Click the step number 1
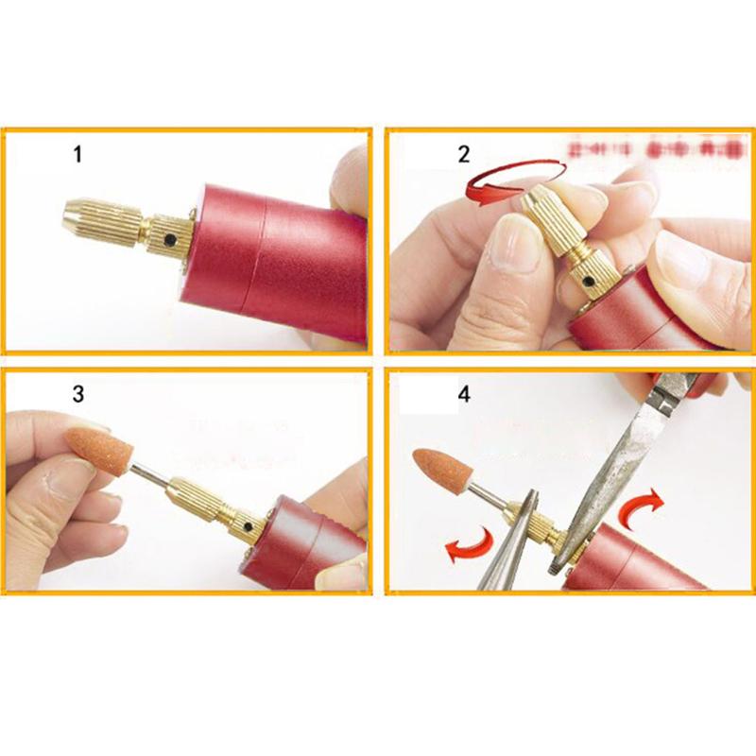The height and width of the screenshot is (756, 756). (77, 155)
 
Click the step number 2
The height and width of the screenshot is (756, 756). (463, 154)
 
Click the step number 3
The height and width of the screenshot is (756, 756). (77, 394)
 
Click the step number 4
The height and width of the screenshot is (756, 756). (463, 394)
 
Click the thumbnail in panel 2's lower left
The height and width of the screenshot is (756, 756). (511, 246)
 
